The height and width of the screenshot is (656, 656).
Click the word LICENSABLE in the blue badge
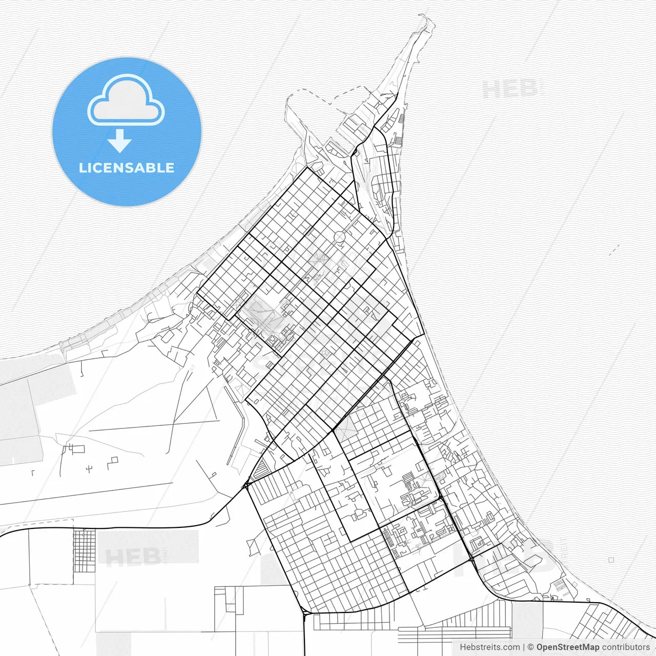[x=126, y=168]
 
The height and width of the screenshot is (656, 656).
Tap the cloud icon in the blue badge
[x=126, y=101]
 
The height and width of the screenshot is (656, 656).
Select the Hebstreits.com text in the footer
[x=489, y=647]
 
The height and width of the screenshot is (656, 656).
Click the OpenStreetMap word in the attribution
[x=567, y=647]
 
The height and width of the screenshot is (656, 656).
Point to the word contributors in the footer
[x=625, y=647]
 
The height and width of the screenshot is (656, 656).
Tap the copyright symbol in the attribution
[x=530, y=647]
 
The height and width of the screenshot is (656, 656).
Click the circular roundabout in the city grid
[x=340, y=237]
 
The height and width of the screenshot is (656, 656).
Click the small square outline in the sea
[x=611, y=560]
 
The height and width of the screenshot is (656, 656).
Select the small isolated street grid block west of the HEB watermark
[x=84, y=550]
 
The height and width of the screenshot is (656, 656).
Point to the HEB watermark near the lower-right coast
[x=505, y=556]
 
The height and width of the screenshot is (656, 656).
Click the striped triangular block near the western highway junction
[x=261, y=468]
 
